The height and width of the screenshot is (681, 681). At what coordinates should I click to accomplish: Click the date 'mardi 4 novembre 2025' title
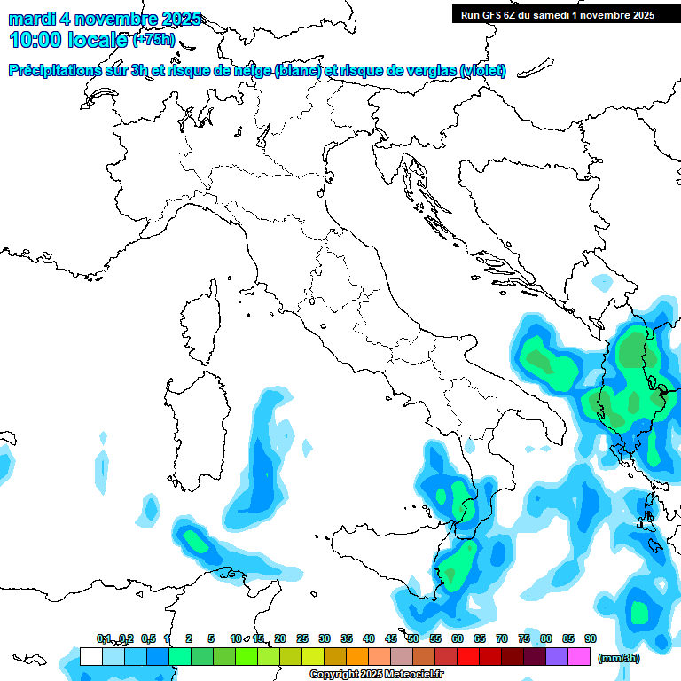point(105,19)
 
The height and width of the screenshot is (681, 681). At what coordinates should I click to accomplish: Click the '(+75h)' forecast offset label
point(153,39)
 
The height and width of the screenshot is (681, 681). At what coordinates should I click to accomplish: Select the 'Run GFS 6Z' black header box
point(557,14)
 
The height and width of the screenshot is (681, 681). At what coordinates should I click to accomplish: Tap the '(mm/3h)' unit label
point(618,658)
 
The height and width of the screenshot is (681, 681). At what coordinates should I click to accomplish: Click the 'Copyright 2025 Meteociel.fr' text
point(376,674)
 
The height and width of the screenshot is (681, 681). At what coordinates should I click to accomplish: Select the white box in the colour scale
point(90,656)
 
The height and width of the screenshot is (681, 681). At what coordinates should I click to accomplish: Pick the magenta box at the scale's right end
point(579,656)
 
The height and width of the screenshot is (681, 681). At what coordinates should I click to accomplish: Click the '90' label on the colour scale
point(591,638)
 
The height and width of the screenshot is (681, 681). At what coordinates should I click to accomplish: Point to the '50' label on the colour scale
point(413,638)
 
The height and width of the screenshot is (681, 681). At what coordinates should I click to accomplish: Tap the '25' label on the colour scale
point(302,638)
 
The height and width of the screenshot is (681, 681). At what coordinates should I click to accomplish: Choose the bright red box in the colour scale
point(468,656)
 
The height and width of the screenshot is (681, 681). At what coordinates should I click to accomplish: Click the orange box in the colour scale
point(357,656)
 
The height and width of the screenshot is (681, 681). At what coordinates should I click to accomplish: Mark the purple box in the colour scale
point(557,656)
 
